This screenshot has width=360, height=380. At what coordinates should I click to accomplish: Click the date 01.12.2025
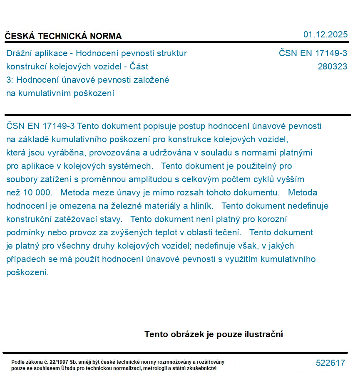point(325,35)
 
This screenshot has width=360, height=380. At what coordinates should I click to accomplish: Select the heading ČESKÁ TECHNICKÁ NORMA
point(63,36)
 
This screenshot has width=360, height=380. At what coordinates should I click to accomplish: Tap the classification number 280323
point(332,67)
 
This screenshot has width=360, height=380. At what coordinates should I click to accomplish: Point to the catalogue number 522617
point(330,363)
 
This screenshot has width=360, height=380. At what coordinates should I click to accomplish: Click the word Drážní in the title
point(20,53)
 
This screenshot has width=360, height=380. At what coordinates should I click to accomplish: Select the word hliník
point(201,206)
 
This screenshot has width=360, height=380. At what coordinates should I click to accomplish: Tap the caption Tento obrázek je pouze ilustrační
point(214,334)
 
